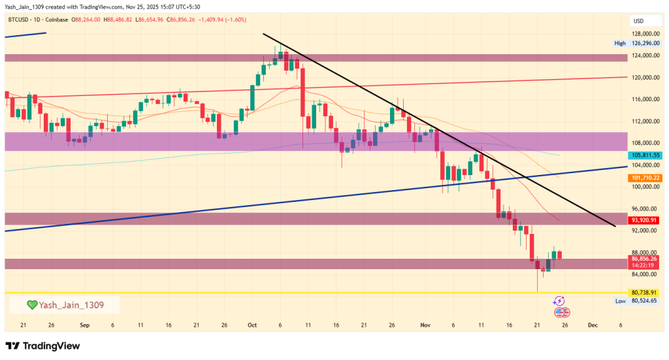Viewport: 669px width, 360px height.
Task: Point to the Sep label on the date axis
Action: [84, 324]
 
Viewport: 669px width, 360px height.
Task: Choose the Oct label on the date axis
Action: [252, 324]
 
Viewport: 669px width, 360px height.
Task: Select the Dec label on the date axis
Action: [592, 324]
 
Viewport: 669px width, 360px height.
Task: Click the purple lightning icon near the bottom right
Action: [559, 301]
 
